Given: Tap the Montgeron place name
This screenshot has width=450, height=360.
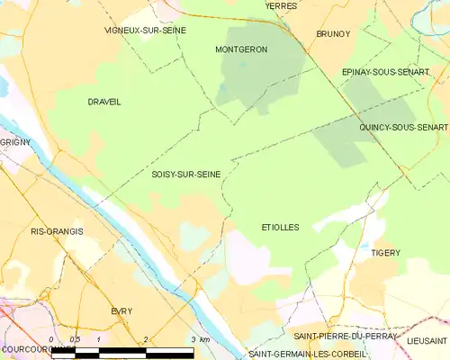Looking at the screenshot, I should [x=241, y=49].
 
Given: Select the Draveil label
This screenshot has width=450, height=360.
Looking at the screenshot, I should [x=104, y=102].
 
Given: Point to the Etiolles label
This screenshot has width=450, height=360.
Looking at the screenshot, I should [x=280, y=228].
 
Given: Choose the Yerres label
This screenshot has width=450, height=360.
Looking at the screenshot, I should [x=281, y=5].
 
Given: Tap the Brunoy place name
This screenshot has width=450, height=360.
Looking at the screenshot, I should [x=333, y=33].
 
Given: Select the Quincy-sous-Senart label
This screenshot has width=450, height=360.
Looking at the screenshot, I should [x=403, y=128].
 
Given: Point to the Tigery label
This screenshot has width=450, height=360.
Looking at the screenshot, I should [x=385, y=253].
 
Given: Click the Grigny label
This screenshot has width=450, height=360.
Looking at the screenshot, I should [x=15, y=142].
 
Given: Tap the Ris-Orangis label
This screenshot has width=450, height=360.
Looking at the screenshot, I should [x=57, y=231].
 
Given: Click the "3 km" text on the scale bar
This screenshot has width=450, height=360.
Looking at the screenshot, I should [x=200, y=339].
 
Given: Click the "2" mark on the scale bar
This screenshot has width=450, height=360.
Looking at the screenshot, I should [x=145, y=339].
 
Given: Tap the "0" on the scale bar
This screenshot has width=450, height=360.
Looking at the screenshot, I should [x=51, y=339].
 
